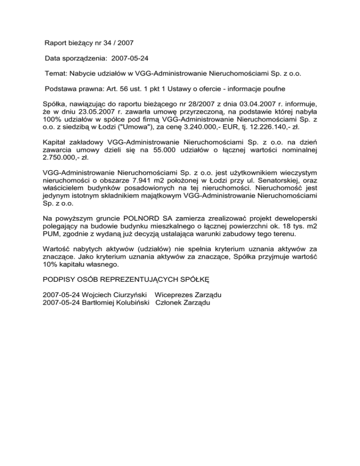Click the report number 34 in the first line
(102, 43)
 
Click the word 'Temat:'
(56, 74)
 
